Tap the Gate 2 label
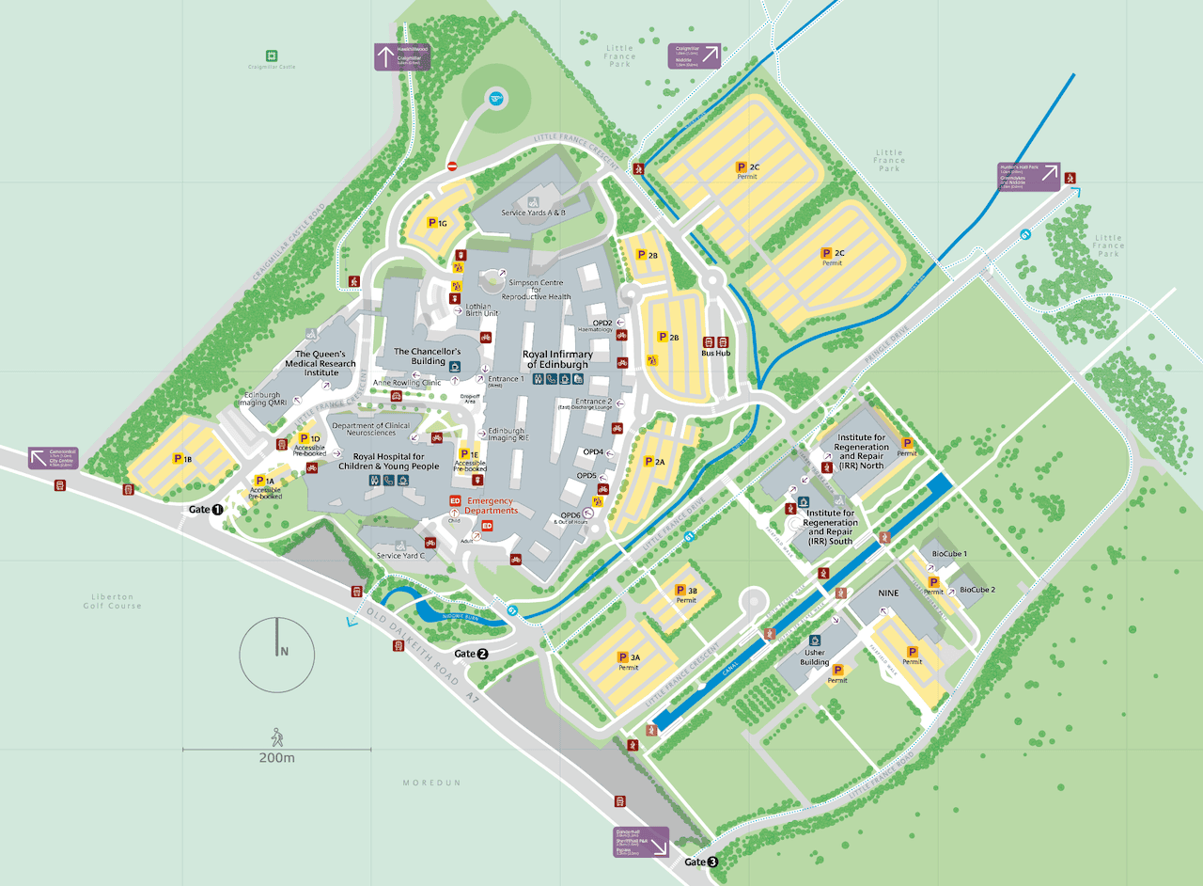[471, 654]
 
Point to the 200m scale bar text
[276, 758]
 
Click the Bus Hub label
[716, 354]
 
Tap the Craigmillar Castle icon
[272, 55]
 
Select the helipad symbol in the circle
[495, 97]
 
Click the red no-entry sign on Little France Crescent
[452, 166]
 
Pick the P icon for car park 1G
[432, 223]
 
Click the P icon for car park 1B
[178, 459]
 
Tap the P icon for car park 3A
[621, 657]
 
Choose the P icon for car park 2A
[648, 462]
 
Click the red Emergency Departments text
[492, 505]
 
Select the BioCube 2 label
[976, 590]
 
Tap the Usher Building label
[815, 657]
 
